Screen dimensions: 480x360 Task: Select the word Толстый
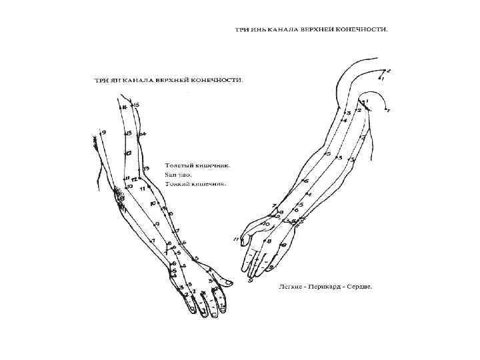point(177,165)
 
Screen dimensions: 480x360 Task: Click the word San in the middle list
point(170,173)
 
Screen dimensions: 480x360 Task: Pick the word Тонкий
point(176,183)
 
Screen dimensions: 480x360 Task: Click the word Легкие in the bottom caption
point(289,287)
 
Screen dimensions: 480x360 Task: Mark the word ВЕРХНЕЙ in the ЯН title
point(172,80)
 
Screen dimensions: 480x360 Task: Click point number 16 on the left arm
point(123,106)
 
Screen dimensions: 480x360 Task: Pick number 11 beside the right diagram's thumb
point(236,239)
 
